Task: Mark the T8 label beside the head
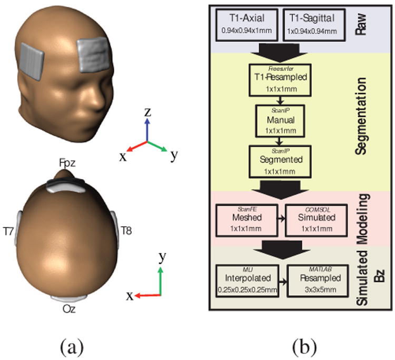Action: [126, 230]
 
